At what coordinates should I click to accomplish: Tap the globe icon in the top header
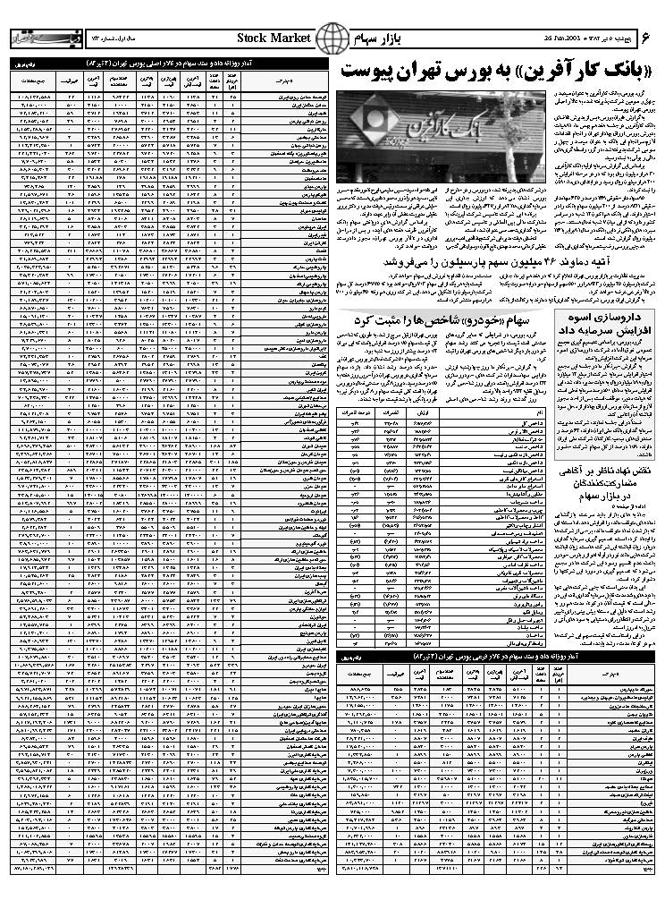pyautogui.click(x=332, y=38)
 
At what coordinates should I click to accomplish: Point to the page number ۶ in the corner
pyautogui.click(x=647, y=37)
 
